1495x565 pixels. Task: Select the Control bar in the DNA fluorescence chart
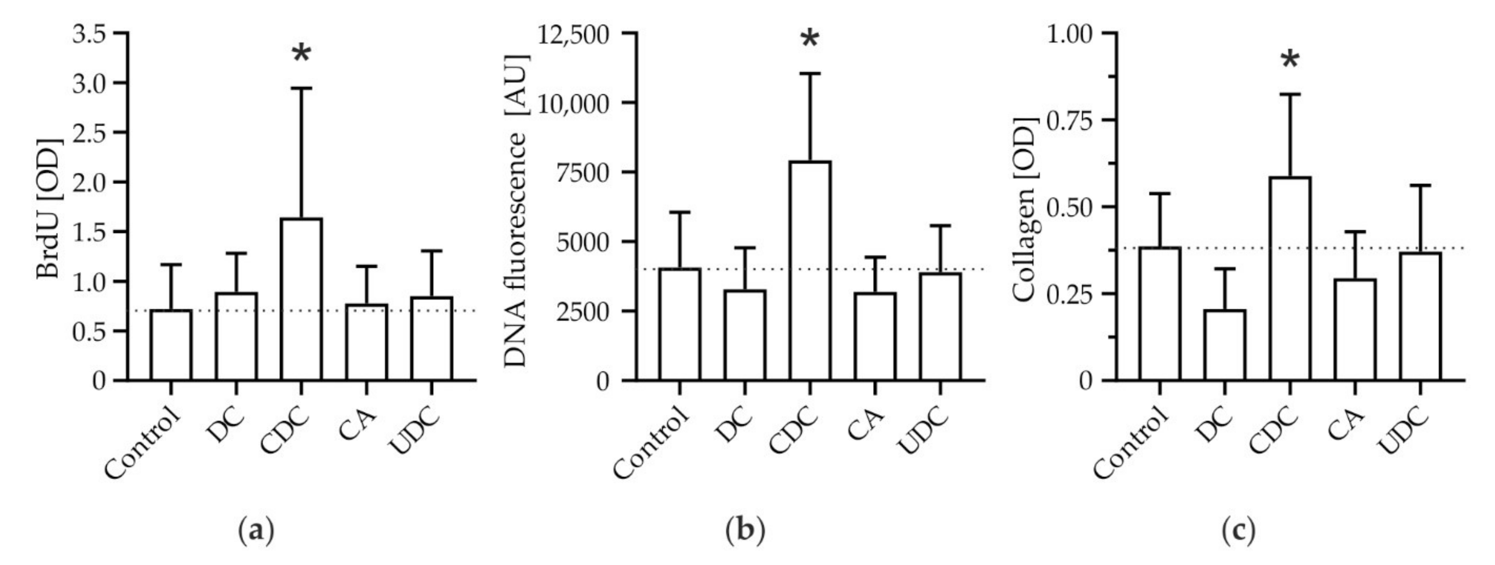(x=680, y=324)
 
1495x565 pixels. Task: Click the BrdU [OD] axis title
(x=49, y=209)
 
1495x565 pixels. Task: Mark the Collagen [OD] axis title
(x=1024, y=209)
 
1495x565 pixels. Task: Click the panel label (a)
(x=255, y=530)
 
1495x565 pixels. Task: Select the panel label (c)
(x=1238, y=530)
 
